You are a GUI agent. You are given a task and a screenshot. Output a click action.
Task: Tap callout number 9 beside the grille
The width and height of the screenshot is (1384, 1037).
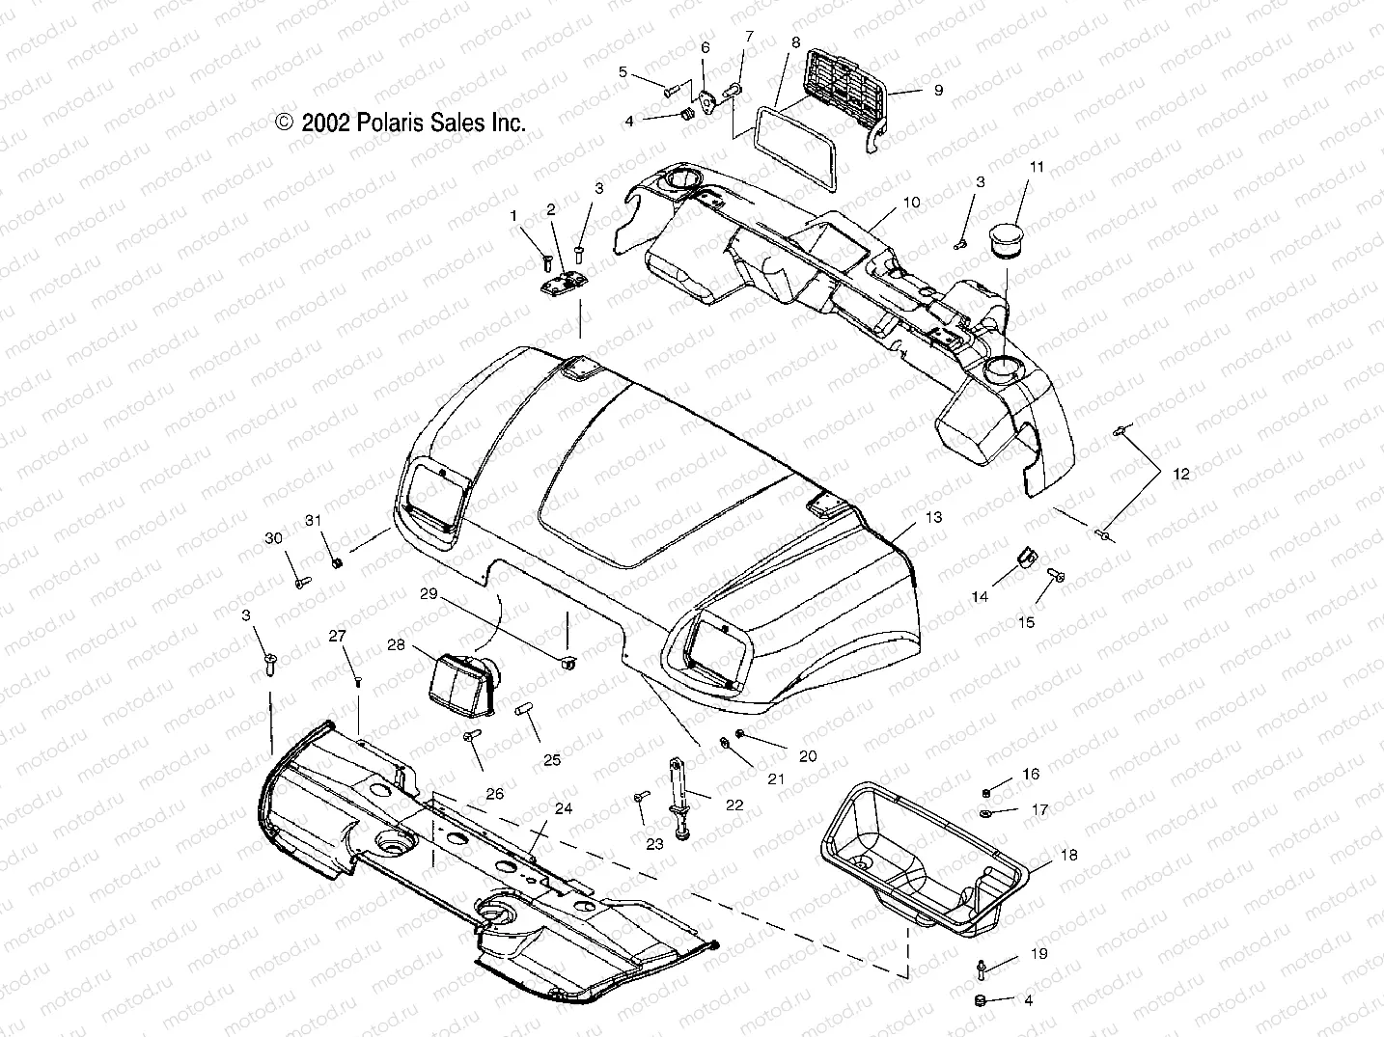(937, 90)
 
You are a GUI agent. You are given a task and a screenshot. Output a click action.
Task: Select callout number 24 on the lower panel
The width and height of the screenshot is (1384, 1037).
(563, 808)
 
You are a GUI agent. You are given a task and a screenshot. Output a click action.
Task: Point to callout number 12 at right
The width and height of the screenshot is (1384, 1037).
(1181, 474)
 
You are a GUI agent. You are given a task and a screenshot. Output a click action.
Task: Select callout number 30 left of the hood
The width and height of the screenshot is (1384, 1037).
(273, 538)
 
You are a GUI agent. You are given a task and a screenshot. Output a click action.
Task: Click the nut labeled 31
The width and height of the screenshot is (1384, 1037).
(337, 562)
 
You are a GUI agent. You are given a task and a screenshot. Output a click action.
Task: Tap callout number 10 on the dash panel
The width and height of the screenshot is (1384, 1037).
(911, 203)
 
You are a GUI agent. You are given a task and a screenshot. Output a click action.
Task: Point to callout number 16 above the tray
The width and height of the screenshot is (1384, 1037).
(1031, 775)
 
